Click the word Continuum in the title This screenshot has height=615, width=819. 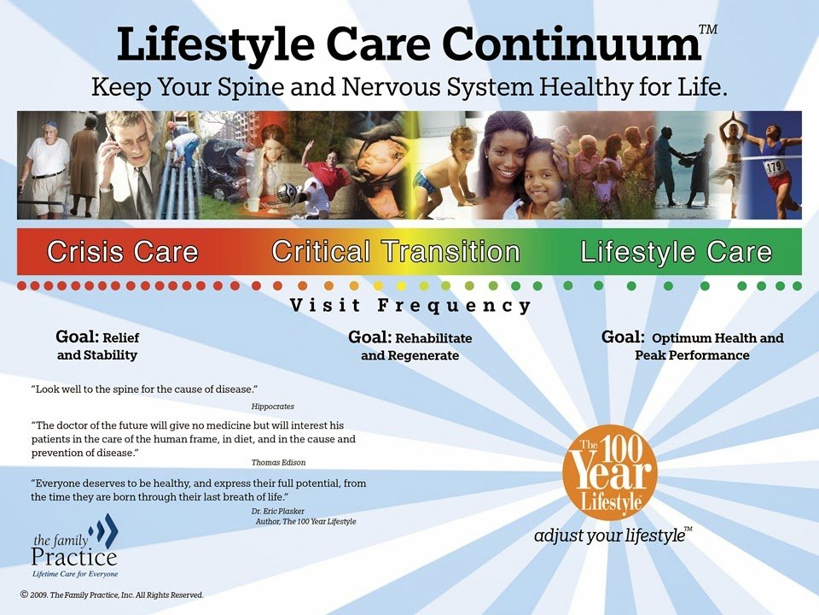click(x=572, y=44)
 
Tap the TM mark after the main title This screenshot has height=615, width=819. click(x=708, y=29)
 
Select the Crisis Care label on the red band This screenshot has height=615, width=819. click(x=123, y=251)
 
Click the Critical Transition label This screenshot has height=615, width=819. click(x=396, y=251)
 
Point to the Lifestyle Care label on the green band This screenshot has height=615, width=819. click(x=676, y=251)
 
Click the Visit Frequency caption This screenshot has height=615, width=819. click(x=410, y=305)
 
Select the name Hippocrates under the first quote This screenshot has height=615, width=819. click(x=273, y=407)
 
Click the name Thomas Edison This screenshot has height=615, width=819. click(x=278, y=462)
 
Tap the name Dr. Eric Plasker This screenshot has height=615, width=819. click(x=277, y=511)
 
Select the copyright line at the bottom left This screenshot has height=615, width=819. click(x=112, y=594)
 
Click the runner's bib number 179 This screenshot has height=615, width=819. click(x=773, y=167)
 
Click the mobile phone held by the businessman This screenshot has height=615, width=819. click(x=110, y=138)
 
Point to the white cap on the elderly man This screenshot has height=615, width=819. click(x=49, y=125)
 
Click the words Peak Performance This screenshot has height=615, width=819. click(x=692, y=355)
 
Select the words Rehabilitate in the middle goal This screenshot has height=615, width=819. click(x=433, y=338)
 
